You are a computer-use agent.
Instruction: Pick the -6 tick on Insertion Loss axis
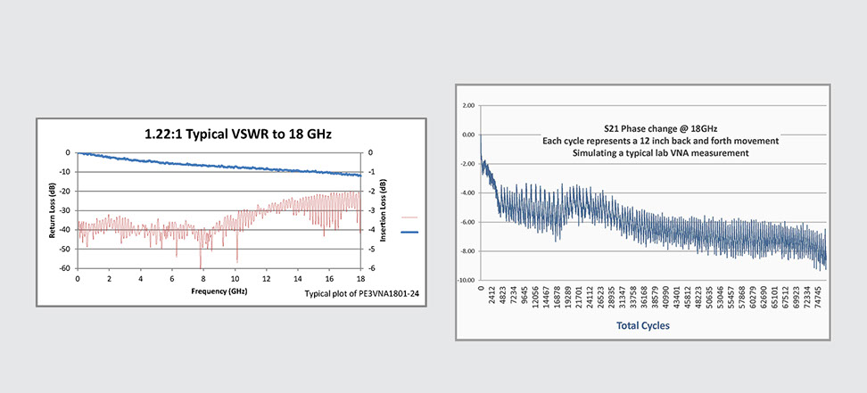(373, 268)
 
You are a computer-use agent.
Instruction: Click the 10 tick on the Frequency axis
(236, 279)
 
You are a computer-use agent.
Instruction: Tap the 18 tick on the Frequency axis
(361, 279)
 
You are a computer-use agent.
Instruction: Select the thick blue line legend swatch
(410, 232)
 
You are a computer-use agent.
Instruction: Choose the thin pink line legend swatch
(410, 217)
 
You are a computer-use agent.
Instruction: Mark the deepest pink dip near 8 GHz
(201, 265)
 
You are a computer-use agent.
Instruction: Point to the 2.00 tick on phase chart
(468, 105)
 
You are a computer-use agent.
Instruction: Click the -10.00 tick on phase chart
(467, 280)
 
